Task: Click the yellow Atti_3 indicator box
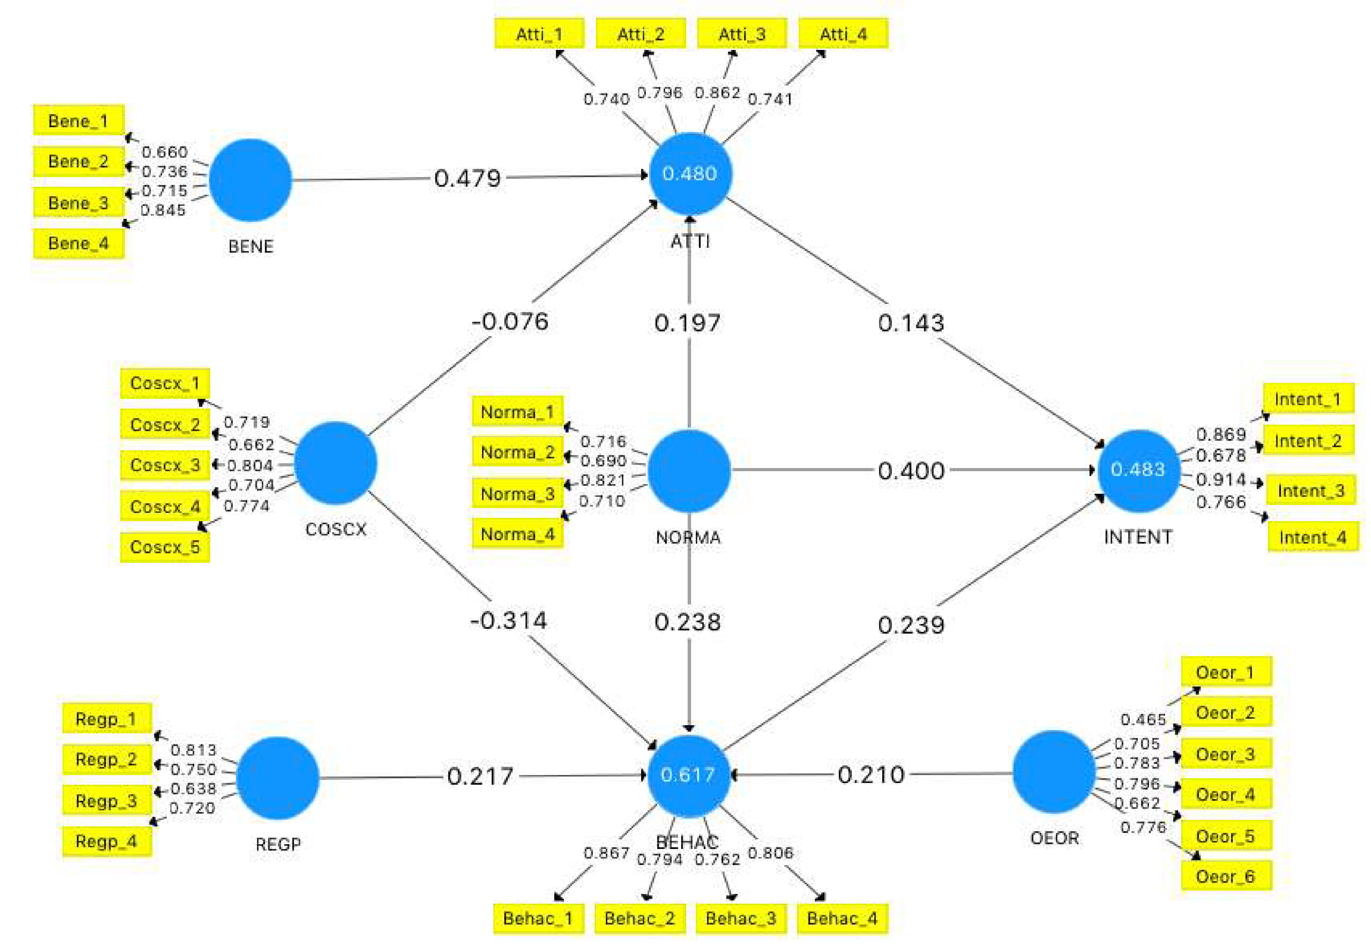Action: pos(742,33)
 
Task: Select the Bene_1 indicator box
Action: pos(78,121)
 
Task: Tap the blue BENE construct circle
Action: pos(250,180)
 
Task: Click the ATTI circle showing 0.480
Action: pos(690,173)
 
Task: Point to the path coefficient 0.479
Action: pos(467,178)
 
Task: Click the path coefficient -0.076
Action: pos(510,321)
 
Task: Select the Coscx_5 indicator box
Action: pos(165,546)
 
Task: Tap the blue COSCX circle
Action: pos(335,463)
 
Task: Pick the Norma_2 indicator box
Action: pos(517,452)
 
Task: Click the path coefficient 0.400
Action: pos(911,470)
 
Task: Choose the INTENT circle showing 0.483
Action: pos(1138,470)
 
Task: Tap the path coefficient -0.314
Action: pos(509,620)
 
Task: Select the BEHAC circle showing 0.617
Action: pos(688,775)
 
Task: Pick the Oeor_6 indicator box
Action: pos(1225,876)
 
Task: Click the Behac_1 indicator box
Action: pos(538,918)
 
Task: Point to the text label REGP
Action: pos(278,844)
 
